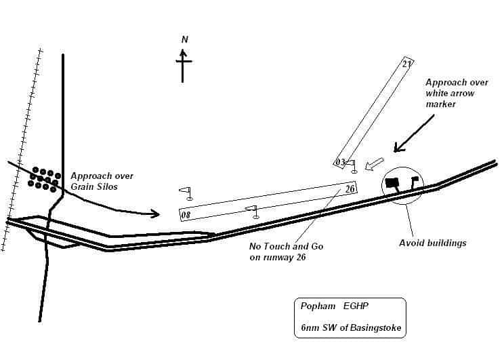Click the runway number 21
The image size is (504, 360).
(406, 64)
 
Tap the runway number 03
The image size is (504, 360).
(340, 162)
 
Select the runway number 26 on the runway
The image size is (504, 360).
(350, 188)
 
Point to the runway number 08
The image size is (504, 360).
(186, 215)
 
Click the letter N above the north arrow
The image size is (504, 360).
(184, 39)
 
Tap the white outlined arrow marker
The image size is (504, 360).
(375, 164)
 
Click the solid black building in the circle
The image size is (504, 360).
(392, 183)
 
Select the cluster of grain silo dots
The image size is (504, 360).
(44, 180)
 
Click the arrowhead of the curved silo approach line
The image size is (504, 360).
(155, 214)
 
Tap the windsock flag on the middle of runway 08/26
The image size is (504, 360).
(252, 212)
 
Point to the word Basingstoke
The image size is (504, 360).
(376, 327)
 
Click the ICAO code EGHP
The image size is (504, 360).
(356, 306)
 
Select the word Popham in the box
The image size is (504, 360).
(318, 306)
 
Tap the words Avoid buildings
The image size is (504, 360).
(433, 243)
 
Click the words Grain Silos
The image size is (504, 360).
(94, 186)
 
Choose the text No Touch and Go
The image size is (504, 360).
(287, 246)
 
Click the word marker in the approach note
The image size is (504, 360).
(441, 104)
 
